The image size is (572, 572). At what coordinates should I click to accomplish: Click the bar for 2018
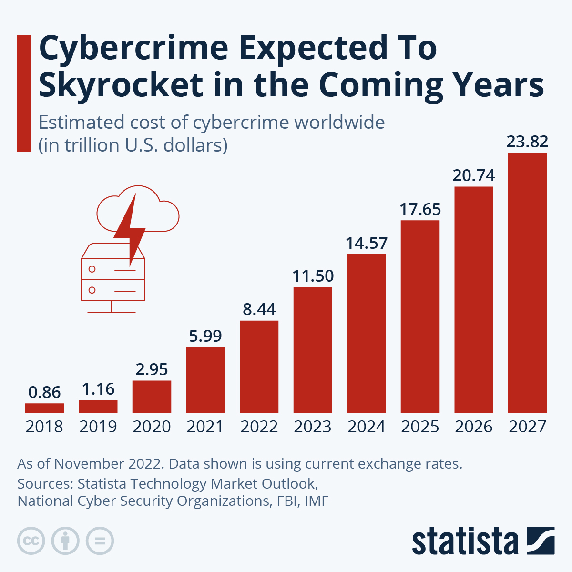[x=44, y=408]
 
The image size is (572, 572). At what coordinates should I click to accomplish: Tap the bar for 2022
[x=259, y=367]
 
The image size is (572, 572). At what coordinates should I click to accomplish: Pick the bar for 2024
[x=366, y=333]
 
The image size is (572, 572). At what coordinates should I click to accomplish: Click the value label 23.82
[x=527, y=142]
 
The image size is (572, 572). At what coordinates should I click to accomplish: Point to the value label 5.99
[x=205, y=336]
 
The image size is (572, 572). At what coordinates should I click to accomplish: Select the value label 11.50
[x=313, y=276]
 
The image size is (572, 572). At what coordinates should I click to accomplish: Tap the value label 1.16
[x=98, y=389]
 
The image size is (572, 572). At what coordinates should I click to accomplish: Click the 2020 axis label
[x=152, y=427]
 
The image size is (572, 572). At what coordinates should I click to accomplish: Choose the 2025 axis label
[x=420, y=427]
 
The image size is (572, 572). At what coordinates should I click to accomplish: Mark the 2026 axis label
[x=474, y=427]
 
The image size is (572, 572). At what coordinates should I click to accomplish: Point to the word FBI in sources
[x=288, y=501]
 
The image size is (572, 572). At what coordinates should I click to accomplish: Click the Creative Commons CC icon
[x=31, y=541]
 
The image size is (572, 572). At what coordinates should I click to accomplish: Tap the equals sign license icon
[x=100, y=541]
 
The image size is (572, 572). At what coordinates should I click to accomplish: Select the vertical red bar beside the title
[x=24, y=93]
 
